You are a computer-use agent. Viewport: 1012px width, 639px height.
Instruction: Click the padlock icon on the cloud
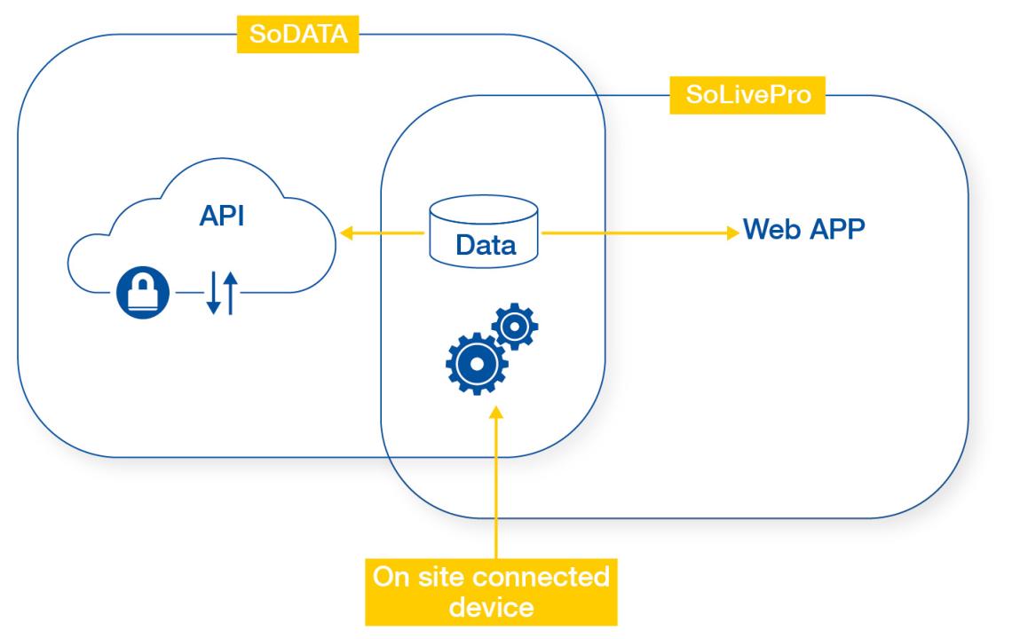click(142, 292)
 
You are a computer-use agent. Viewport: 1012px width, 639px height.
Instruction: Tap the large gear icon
click(476, 364)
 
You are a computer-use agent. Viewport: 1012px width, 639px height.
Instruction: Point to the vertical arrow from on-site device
click(497, 488)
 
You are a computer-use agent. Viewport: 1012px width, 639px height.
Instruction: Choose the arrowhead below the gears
click(497, 414)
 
